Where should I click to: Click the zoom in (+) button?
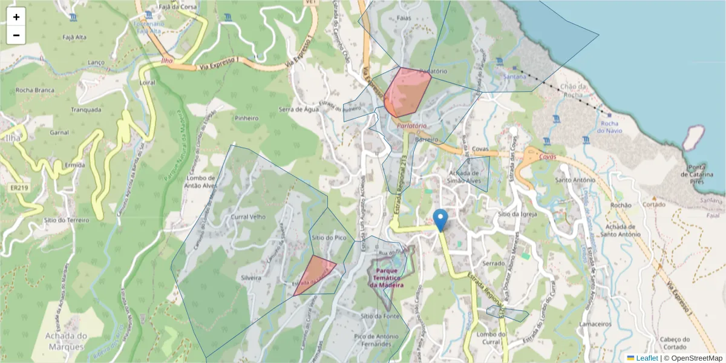[16, 17]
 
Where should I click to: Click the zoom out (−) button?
[16, 35]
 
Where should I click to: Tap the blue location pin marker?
[440, 220]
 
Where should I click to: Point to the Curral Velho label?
[249, 217]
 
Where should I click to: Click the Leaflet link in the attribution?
[647, 358]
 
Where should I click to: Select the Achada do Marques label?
[67, 341]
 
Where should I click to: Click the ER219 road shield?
[19, 188]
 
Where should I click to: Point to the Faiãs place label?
[404, 18]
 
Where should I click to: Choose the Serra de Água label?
[299, 110]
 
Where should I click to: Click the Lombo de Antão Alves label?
[201, 182]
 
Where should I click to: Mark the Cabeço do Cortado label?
[675, 343]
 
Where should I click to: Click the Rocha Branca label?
[35, 90]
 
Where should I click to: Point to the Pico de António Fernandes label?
[377, 339]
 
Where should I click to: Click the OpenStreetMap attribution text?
[696, 358]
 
